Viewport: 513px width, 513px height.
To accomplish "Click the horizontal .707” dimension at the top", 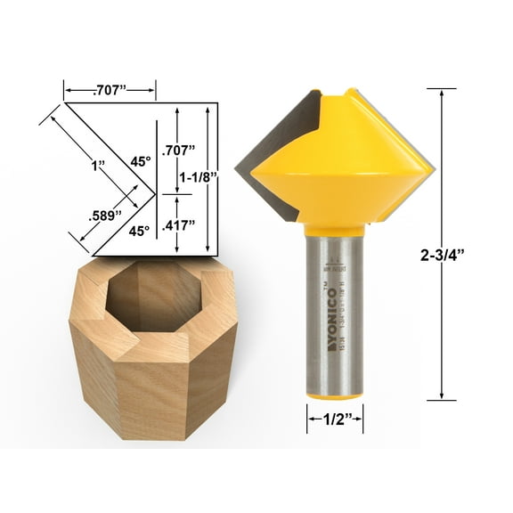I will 110,89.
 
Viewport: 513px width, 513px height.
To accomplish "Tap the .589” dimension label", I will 105,215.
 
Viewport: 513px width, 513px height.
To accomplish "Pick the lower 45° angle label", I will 138,231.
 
